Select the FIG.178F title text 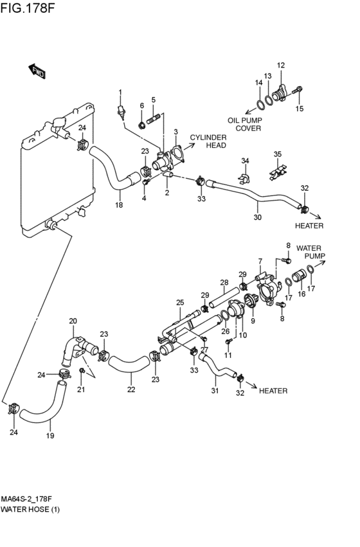(28, 7)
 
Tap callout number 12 (281, 65)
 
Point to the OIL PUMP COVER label (245, 124)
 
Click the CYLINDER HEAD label (208, 141)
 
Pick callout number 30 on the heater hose (257, 217)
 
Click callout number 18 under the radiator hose (119, 205)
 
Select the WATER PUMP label (310, 252)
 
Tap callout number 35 (277, 154)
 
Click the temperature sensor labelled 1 (121, 111)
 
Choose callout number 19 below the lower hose (50, 436)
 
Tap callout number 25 (179, 303)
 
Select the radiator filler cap (59, 123)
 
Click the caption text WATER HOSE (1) (30, 510)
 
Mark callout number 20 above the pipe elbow (73, 321)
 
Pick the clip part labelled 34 (245, 178)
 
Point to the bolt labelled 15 (297, 89)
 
